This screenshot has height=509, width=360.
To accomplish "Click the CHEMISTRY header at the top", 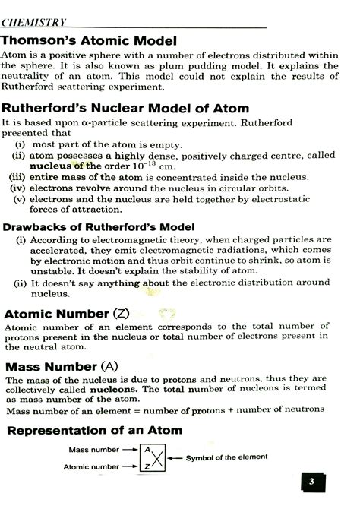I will coord(33,21).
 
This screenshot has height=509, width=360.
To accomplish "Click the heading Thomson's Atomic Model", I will coord(89,40).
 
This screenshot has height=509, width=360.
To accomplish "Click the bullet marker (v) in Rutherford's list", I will coord(20,199).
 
